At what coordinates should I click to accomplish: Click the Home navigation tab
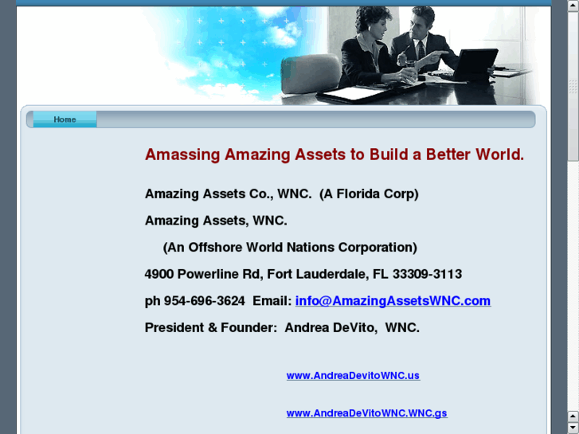(65, 119)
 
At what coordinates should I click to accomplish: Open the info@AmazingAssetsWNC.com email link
(393, 301)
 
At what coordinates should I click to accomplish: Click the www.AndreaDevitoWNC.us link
(353, 376)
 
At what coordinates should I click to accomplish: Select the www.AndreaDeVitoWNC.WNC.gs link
(366, 413)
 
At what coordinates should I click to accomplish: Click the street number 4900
(159, 274)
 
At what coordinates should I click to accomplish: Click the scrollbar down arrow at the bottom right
(573, 428)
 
